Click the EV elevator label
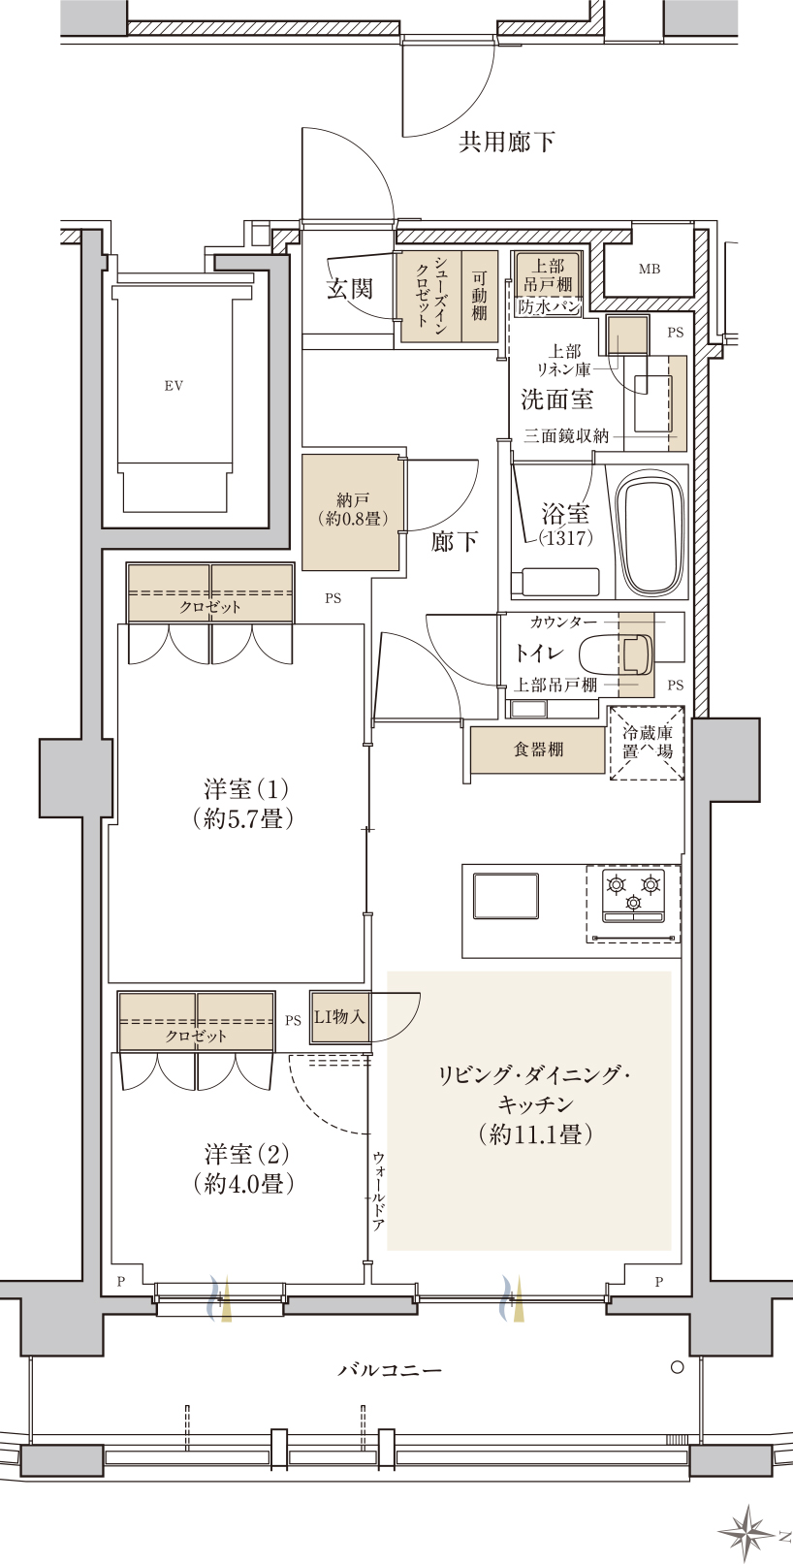click(174, 385)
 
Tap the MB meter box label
click(650, 269)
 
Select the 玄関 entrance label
click(350, 288)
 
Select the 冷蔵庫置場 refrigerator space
click(648, 743)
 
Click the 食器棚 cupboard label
click(538, 750)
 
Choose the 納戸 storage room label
click(353, 510)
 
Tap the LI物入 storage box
click(340, 1018)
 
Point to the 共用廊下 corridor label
click(507, 143)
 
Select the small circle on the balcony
click(677, 1367)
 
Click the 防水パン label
click(549, 306)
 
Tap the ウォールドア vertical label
click(378, 1191)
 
